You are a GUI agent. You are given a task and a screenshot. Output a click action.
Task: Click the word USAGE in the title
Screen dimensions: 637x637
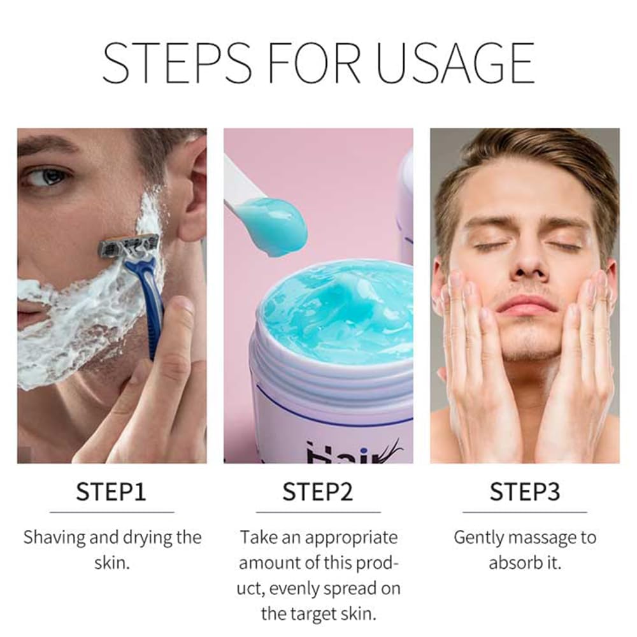455,62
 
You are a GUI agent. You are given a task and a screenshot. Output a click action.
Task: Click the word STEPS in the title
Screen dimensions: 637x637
176,62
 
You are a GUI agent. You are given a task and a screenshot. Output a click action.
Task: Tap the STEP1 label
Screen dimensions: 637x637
111,492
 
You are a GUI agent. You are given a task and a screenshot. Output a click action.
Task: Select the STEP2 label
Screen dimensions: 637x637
318,492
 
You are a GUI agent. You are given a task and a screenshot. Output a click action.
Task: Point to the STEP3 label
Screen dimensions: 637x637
525,492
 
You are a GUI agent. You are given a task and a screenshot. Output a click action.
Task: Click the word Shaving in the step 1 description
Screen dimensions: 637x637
54,538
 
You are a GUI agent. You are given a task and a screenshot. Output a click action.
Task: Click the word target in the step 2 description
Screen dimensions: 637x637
310,614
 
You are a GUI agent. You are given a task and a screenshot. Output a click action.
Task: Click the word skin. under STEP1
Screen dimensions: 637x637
112,562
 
